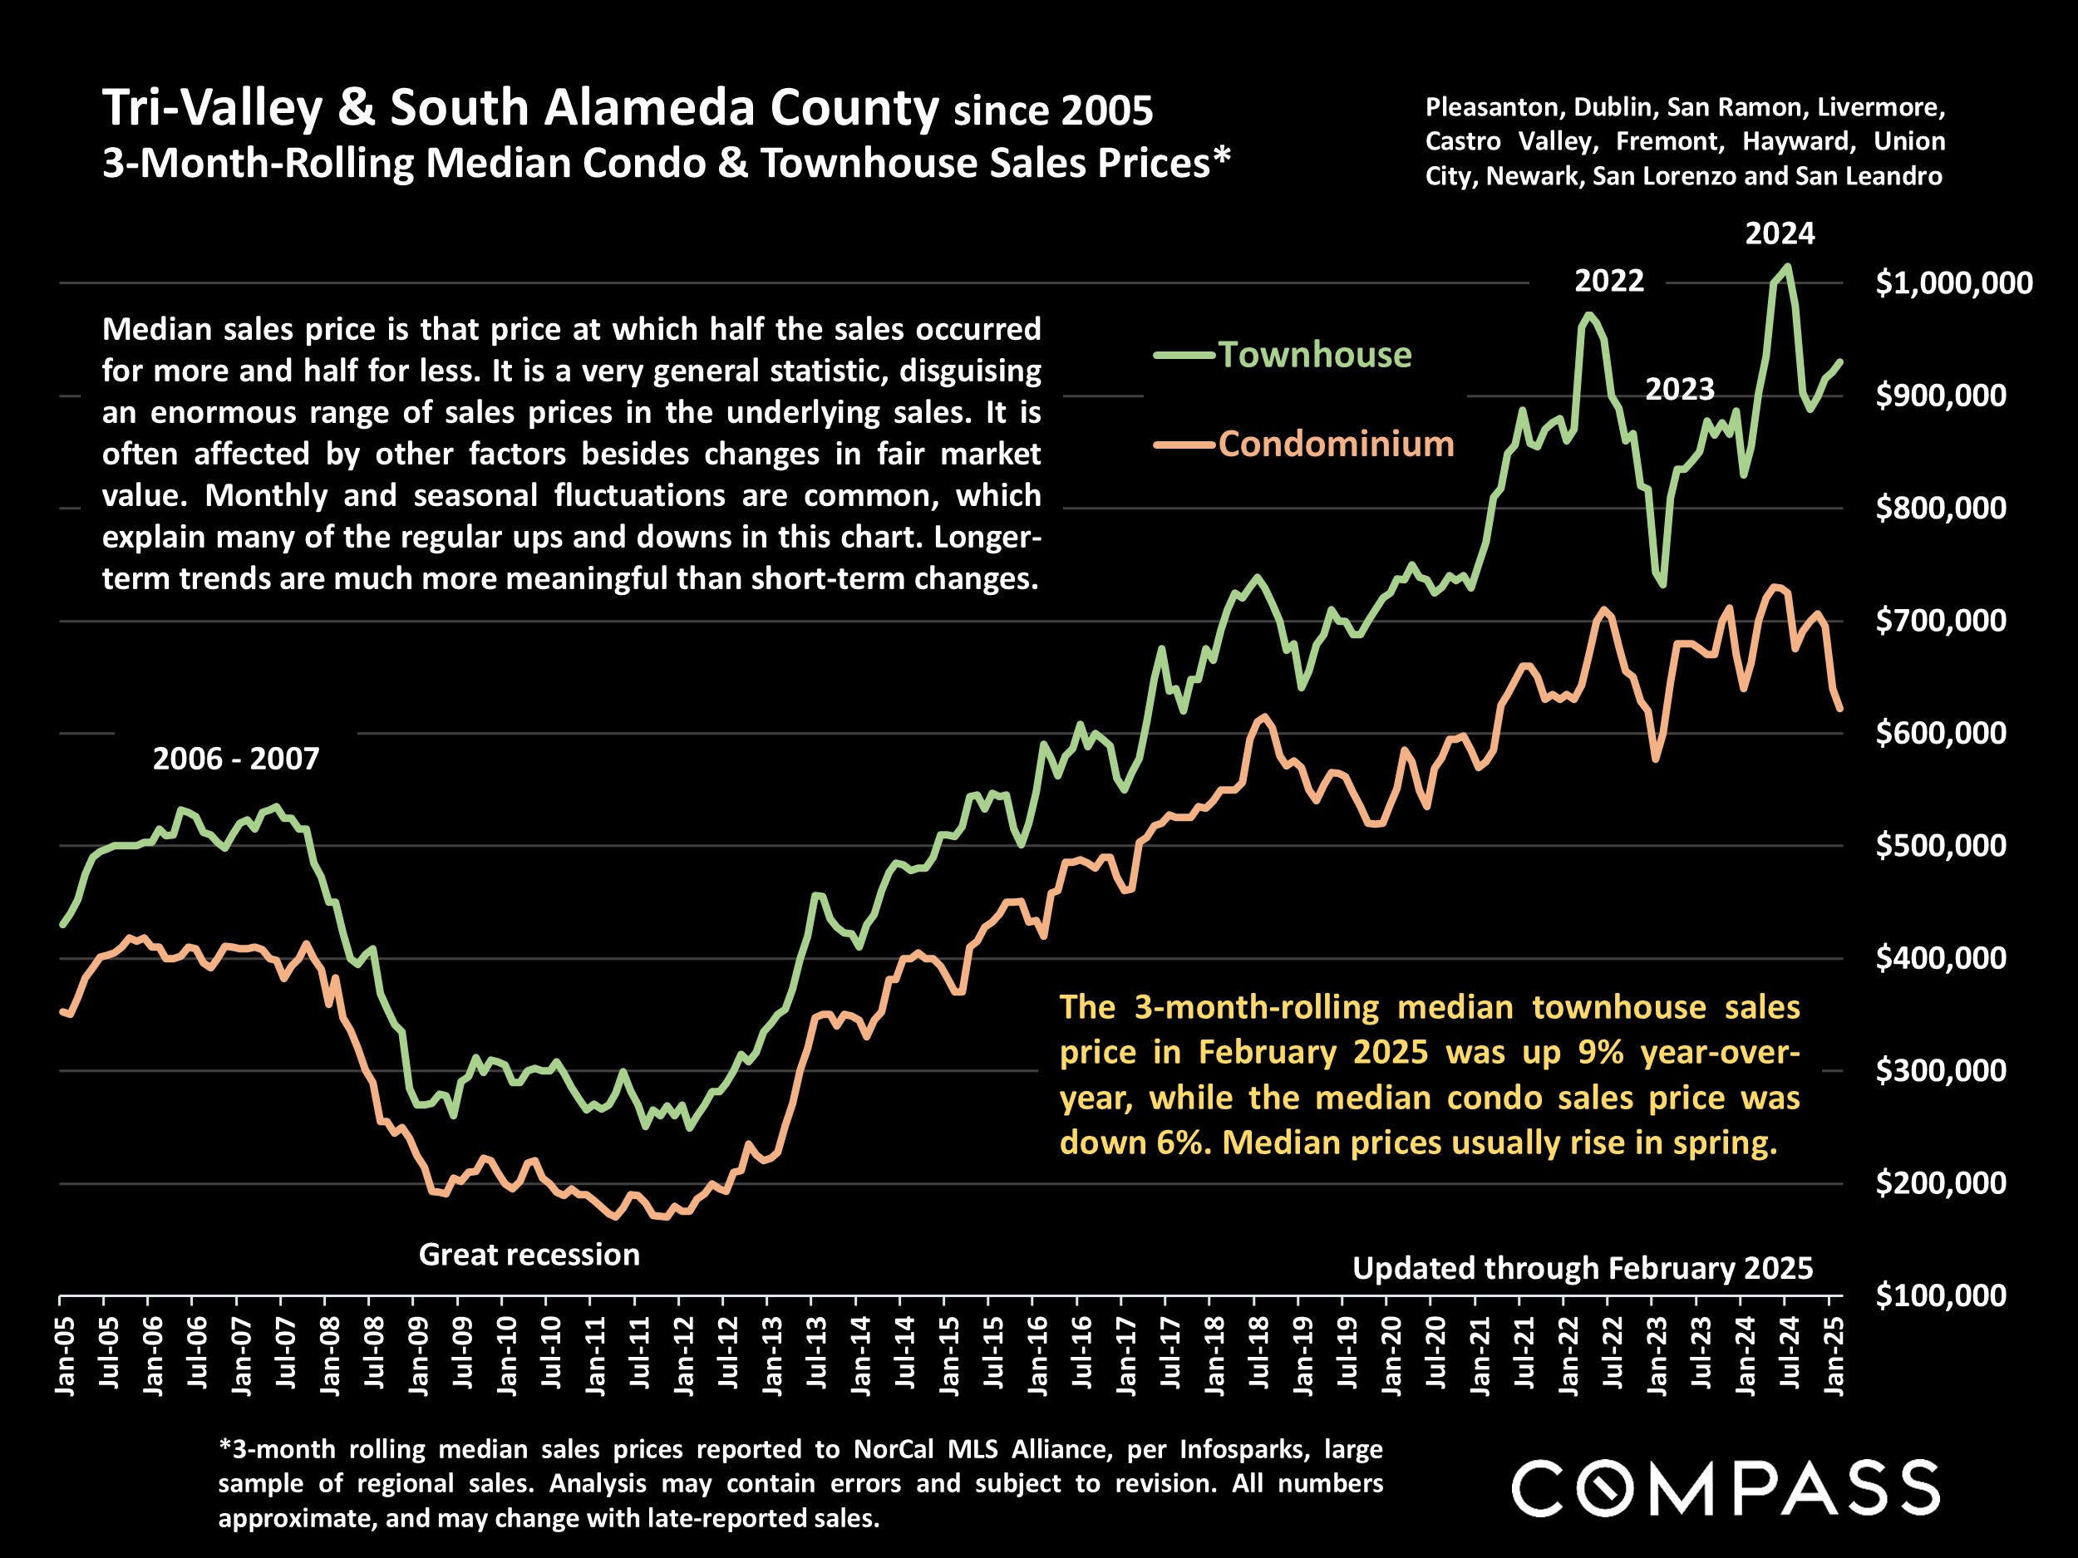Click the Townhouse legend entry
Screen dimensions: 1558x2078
1313,355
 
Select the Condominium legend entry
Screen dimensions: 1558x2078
1335,443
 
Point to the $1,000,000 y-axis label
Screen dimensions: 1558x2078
1953,283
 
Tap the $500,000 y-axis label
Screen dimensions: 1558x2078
1940,845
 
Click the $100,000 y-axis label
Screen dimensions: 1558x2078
1940,1295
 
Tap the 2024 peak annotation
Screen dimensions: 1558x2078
1780,233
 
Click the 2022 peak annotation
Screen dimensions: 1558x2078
1609,281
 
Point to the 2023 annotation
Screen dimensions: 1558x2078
1680,389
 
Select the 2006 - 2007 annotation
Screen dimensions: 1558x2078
236,758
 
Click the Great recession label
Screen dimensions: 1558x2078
529,1255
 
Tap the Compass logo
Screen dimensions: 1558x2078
1725,1487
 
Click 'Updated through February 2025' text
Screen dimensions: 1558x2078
1582,1268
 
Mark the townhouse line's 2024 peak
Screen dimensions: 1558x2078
1787,266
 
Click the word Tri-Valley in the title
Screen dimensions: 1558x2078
212,108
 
